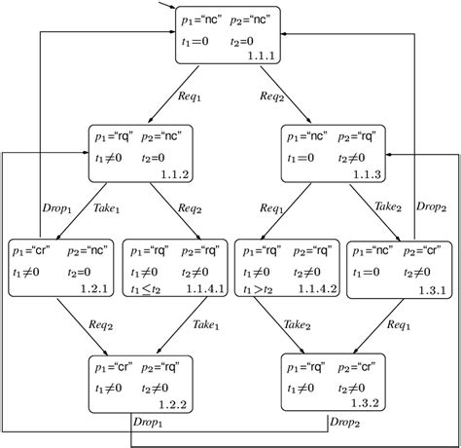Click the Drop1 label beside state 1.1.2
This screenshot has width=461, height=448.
58,207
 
